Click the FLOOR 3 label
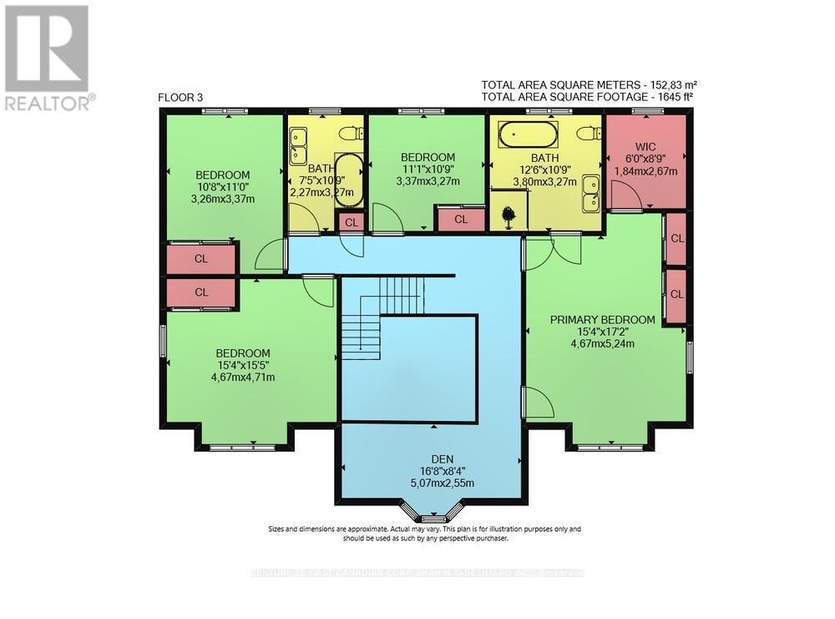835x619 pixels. (180, 98)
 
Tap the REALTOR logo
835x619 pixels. (47, 58)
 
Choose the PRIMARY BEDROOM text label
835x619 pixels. (601, 319)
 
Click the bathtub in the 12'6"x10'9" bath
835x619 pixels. (527, 134)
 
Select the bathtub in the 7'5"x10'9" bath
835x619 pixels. (349, 178)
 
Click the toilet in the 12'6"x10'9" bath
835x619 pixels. (590, 133)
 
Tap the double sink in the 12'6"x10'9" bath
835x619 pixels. (592, 191)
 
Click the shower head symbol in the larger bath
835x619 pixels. (509, 215)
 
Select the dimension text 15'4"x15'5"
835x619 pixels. (243, 365)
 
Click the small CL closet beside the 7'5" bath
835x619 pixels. (351, 222)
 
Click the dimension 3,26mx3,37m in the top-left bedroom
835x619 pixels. (222, 199)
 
